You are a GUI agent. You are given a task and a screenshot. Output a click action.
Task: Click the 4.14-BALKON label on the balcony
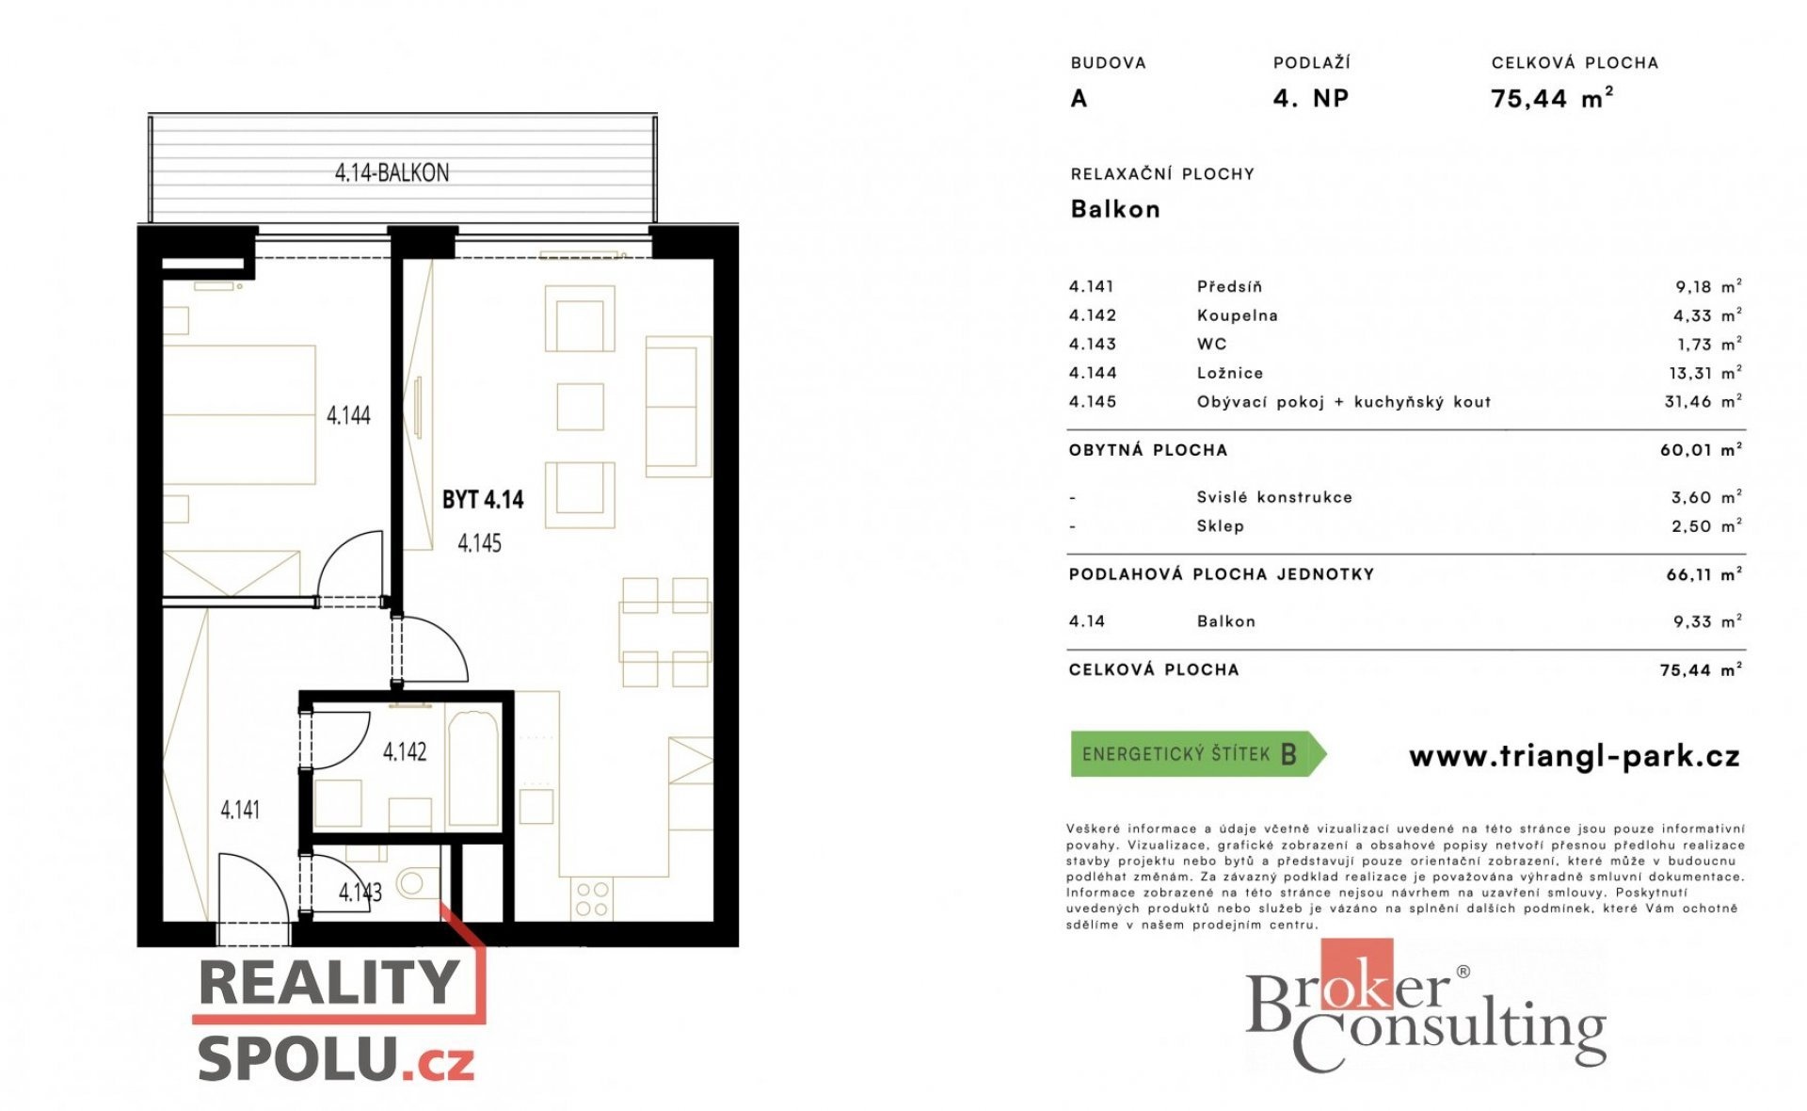coord(392,173)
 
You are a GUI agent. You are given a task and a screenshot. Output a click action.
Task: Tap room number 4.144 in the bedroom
coord(348,415)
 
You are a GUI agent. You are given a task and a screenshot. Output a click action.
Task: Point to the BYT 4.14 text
coord(483,499)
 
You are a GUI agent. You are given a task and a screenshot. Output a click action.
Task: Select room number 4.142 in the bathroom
coord(405,751)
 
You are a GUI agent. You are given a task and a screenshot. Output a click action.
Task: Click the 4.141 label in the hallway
coord(240,810)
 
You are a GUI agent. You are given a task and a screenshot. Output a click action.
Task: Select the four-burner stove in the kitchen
coord(591,899)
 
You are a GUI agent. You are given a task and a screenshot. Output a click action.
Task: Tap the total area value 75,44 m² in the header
coord(1552,98)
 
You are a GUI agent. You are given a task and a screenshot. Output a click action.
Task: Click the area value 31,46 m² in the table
coord(1703,402)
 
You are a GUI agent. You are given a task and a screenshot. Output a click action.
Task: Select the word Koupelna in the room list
coord(1237,316)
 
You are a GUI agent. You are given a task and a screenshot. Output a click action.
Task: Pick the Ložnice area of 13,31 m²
coord(1704,373)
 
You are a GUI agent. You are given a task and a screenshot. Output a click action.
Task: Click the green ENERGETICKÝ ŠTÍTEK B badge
coord(1198,754)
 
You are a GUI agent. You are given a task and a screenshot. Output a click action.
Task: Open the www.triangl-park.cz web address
coord(1574,756)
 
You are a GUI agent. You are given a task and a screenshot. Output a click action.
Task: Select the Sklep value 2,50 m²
coord(1706,526)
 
